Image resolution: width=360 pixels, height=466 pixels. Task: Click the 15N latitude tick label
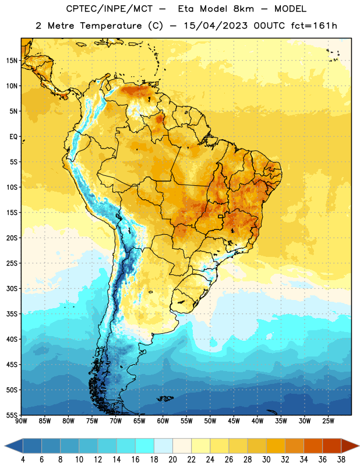[12, 61]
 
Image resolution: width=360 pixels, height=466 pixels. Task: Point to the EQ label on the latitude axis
[13, 137]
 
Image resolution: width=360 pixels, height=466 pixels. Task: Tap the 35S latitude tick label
[12, 314]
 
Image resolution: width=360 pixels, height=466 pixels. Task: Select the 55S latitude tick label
[12, 415]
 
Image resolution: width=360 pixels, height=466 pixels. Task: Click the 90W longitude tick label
[21, 421]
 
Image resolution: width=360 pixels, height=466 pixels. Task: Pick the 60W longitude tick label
[163, 421]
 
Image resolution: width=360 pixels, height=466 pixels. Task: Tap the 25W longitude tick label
[328, 421]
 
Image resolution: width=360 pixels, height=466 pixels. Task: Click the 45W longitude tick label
[234, 421]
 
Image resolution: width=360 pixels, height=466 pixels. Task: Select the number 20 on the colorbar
[172, 460]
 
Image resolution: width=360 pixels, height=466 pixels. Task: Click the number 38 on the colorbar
[341, 460]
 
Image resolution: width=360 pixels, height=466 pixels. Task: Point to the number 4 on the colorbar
[23, 460]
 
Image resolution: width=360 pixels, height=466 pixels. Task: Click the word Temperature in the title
[111, 26]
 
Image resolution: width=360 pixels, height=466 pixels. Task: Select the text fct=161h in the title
[314, 26]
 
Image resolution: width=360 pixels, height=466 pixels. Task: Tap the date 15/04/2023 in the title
[216, 26]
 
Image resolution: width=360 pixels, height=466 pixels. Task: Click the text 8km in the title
[243, 9]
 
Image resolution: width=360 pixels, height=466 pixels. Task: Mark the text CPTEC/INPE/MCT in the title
[109, 9]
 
